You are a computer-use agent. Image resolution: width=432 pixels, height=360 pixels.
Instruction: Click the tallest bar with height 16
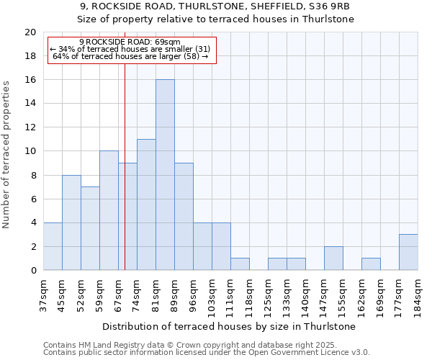[165, 175]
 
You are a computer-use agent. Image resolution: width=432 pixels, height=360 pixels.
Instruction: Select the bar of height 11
[146, 204]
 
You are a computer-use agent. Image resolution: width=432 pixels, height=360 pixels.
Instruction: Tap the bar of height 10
[109, 210]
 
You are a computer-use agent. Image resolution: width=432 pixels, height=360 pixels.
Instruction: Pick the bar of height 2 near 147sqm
[333, 258]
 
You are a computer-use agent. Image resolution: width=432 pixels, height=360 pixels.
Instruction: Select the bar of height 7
[90, 228]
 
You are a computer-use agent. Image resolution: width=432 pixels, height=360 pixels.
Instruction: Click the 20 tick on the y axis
[30, 32]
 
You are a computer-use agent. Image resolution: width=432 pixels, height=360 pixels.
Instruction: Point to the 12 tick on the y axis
[30, 127]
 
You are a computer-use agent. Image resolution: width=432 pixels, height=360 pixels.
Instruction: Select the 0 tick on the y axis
[32, 271]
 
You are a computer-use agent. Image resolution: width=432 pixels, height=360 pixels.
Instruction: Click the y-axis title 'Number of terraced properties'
[7, 155]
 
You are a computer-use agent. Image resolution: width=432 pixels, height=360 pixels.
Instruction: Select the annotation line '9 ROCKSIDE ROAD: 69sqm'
[130, 42]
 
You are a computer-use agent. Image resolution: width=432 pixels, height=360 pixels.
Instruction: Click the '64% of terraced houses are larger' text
[130, 56]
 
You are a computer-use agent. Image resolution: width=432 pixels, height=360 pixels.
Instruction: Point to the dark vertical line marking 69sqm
[125, 180]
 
